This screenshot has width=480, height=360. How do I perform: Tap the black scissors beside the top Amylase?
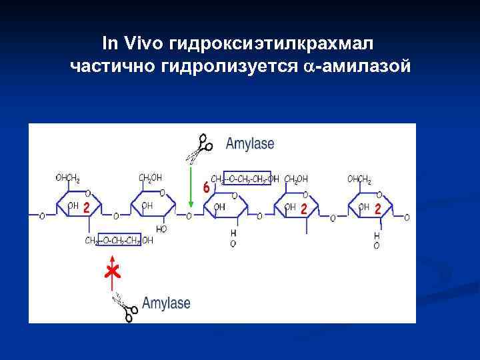[x=199, y=147]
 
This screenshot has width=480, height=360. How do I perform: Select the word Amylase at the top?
[x=249, y=143]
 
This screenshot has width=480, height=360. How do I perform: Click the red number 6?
[x=207, y=188]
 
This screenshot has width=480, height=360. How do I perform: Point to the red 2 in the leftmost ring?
[x=87, y=207]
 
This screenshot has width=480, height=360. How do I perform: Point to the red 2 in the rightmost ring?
[x=378, y=209]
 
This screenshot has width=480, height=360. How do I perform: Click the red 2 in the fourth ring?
[x=304, y=209]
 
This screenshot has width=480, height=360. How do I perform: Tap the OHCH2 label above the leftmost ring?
[x=68, y=178]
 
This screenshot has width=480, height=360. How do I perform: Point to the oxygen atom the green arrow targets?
[x=190, y=216]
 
